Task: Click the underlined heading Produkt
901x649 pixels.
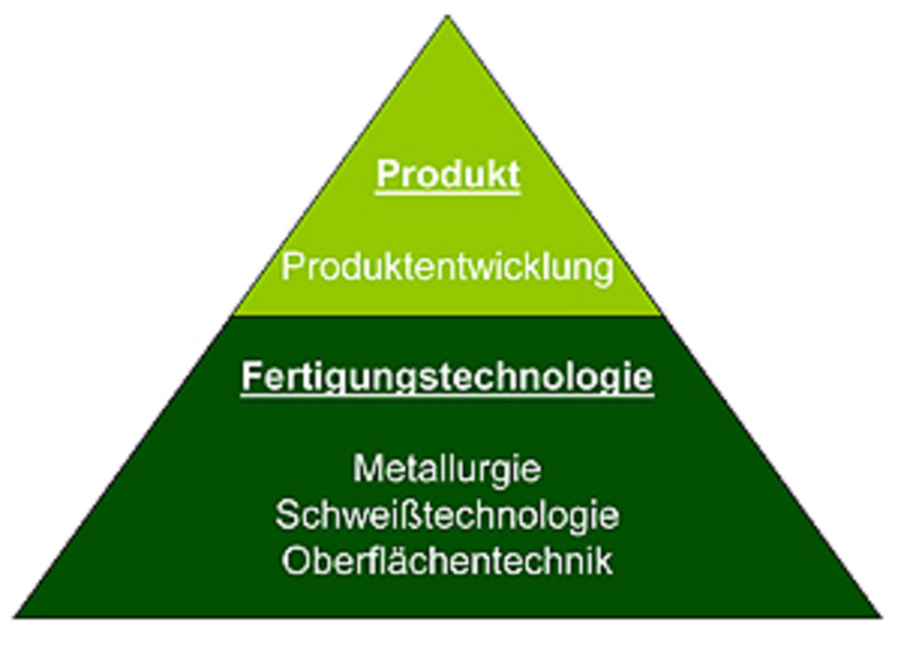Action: pos(448,174)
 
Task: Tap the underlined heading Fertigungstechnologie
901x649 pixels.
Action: pos(447,376)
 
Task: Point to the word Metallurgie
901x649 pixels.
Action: pos(447,470)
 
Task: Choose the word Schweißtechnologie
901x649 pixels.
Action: pos(447,515)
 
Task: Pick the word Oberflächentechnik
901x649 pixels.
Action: pos(447,560)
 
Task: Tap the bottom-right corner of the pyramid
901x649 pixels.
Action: pos(882,617)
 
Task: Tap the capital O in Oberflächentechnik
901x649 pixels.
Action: pos(297,561)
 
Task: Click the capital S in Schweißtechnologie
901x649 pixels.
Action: pos(289,515)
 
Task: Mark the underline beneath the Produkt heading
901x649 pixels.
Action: pos(448,194)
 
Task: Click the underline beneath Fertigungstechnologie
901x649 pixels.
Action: pos(447,396)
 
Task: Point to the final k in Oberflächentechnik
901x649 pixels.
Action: pos(603,560)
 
